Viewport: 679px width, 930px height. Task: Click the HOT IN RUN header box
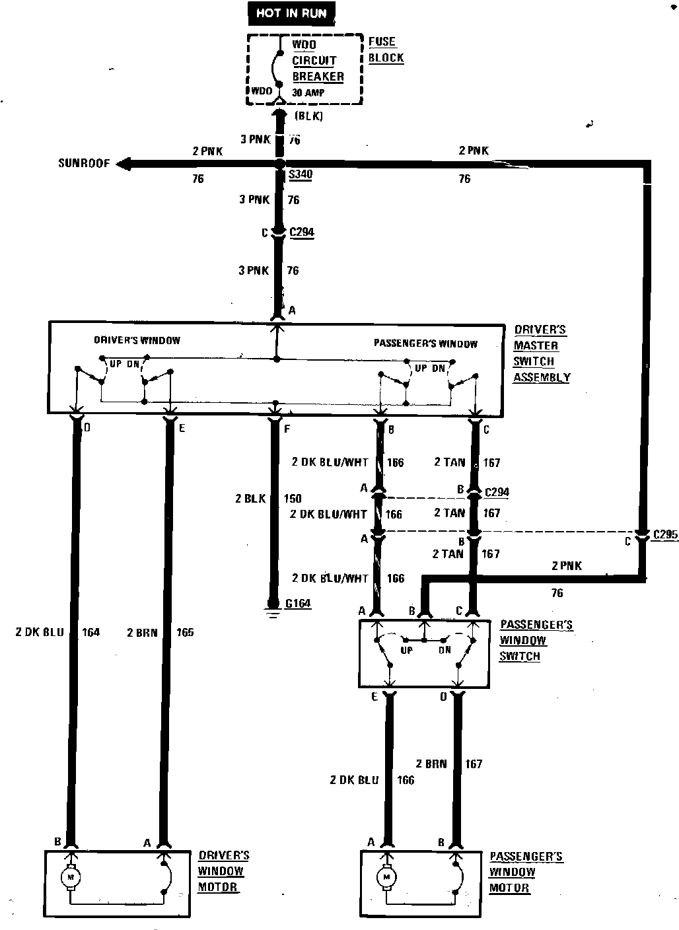click(x=291, y=13)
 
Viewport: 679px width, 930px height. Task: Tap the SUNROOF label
click(x=84, y=163)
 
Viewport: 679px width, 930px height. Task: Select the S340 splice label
click(x=301, y=174)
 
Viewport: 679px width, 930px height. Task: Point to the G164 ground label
click(x=298, y=603)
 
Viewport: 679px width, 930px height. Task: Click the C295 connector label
click(x=665, y=534)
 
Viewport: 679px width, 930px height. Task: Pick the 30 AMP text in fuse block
click(x=308, y=92)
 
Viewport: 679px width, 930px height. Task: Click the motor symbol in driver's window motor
click(x=71, y=877)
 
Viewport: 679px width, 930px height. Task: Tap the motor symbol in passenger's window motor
click(x=386, y=877)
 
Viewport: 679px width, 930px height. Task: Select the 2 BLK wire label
click(x=250, y=498)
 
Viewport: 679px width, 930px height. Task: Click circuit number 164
click(x=91, y=632)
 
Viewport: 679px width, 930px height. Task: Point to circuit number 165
click(x=185, y=632)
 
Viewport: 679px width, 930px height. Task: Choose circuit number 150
click(x=293, y=498)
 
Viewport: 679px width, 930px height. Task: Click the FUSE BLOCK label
click(x=386, y=50)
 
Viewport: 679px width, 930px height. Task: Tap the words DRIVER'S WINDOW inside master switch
click(x=137, y=340)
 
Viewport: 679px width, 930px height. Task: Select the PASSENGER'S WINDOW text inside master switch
click(x=425, y=343)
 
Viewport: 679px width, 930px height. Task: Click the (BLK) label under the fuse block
click(x=308, y=116)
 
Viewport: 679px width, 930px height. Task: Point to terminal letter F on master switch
click(x=287, y=429)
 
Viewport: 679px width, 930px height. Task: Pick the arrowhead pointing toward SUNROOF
click(x=124, y=164)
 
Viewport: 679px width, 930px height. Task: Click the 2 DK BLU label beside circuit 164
click(x=40, y=632)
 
